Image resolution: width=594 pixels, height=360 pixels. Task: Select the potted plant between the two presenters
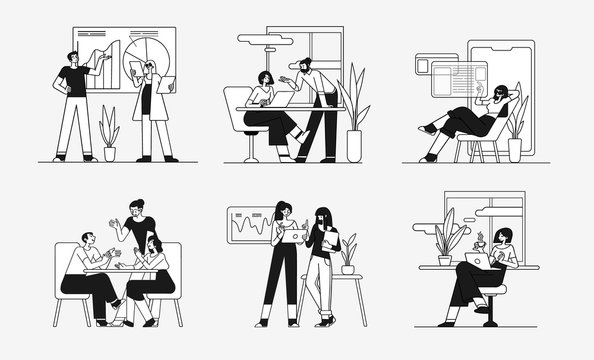tap(108, 136)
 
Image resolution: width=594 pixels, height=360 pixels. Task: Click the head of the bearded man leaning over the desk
tap(302, 68)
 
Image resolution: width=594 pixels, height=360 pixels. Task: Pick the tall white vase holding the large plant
tap(354, 144)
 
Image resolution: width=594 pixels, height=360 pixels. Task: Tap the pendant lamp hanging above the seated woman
tap(261, 39)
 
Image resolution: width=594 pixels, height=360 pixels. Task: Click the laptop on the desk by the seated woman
tap(284, 99)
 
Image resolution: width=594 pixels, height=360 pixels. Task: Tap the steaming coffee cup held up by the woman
tap(480, 242)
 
